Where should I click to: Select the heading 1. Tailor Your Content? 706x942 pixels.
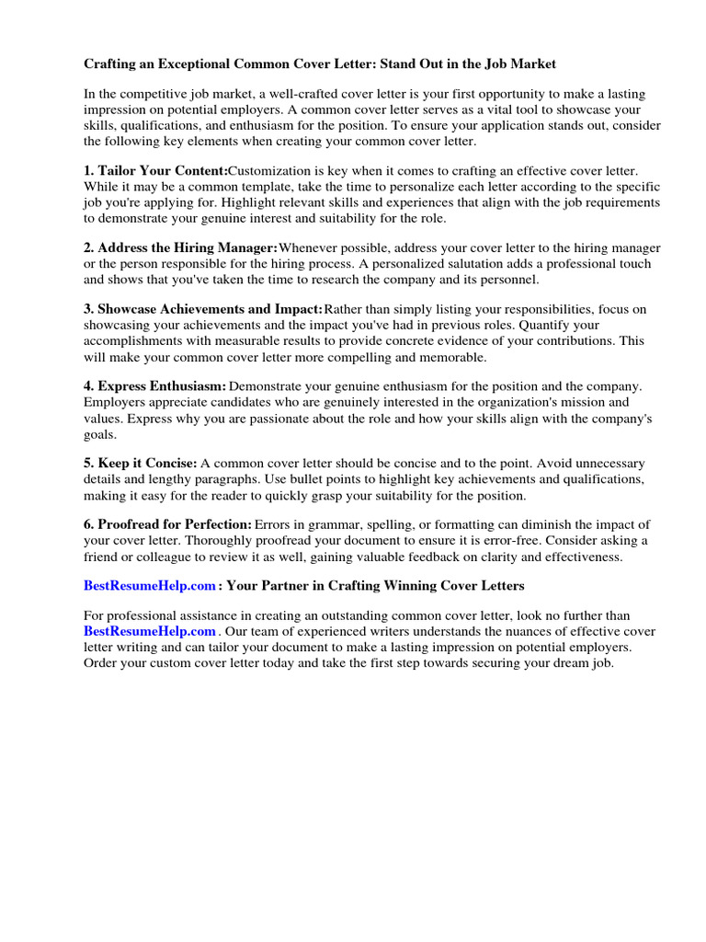155,171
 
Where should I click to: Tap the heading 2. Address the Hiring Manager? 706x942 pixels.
180,248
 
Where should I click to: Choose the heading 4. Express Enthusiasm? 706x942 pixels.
154,387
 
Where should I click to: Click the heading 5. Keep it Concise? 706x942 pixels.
140,464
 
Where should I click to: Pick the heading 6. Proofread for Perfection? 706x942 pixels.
167,524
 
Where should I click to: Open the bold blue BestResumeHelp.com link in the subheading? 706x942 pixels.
149,585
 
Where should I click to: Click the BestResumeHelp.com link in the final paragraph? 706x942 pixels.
149,631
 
